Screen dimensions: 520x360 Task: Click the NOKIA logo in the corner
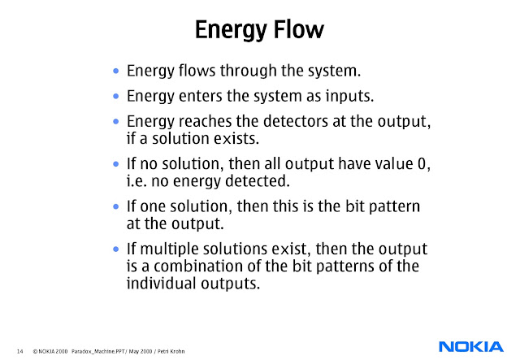(x=471, y=347)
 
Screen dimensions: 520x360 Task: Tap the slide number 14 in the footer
(x=19, y=351)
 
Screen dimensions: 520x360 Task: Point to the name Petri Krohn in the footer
(x=171, y=351)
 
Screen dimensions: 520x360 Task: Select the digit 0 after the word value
(x=422, y=163)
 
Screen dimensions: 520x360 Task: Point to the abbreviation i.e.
(x=136, y=181)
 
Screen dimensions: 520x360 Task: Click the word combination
(x=203, y=266)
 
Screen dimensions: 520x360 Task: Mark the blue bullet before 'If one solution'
(x=115, y=206)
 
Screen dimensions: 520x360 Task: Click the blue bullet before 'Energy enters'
(x=115, y=96)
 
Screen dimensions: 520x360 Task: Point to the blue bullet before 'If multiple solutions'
(x=115, y=249)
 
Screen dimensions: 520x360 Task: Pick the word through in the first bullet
(x=248, y=71)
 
